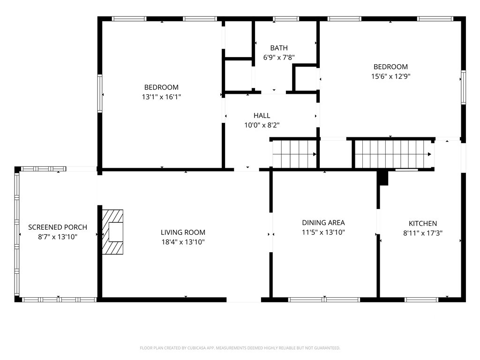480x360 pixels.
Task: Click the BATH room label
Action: pyautogui.click(x=279, y=48)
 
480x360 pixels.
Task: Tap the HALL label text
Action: pyautogui.click(x=262, y=116)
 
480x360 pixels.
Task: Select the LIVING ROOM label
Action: pyautogui.click(x=183, y=232)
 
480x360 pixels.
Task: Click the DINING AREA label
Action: pyautogui.click(x=323, y=223)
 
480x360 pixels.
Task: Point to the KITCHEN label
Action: pyautogui.click(x=423, y=224)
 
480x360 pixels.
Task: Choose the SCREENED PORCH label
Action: pyautogui.click(x=58, y=227)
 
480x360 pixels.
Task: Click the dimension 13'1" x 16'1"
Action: pyautogui.click(x=161, y=97)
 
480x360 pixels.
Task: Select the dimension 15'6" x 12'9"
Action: pyautogui.click(x=390, y=76)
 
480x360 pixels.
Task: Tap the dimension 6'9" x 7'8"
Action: pyautogui.click(x=279, y=57)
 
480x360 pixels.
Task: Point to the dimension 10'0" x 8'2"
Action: pyautogui.click(x=262, y=125)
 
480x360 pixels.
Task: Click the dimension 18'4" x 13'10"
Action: pyautogui.click(x=183, y=242)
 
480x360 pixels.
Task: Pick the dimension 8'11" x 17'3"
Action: pyautogui.click(x=423, y=233)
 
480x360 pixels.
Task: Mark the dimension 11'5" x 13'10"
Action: pyautogui.click(x=323, y=232)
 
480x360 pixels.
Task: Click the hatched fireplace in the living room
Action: pyautogui.click(x=112, y=232)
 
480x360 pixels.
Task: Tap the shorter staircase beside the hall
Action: pyautogui.click(x=294, y=154)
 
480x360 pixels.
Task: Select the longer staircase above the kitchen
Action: pyautogui.click(x=393, y=154)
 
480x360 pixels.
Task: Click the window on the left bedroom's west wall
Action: pyautogui.click(x=100, y=93)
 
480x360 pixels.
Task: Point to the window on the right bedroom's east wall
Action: pyautogui.click(x=463, y=87)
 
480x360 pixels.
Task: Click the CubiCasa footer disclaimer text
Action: pyautogui.click(x=240, y=348)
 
